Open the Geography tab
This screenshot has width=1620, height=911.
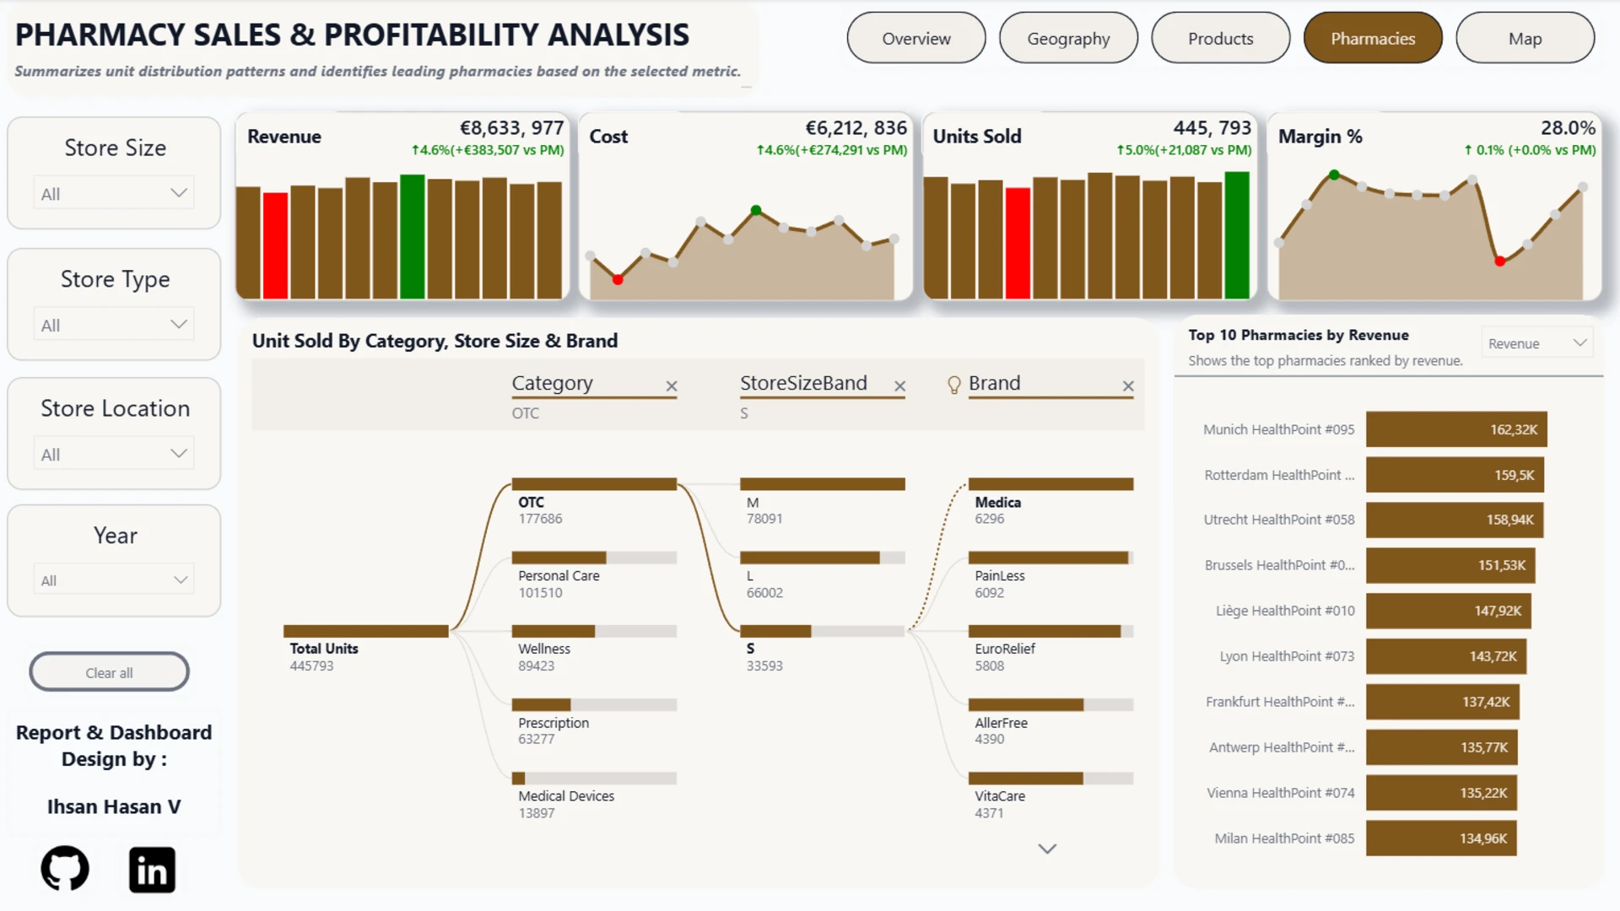(x=1068, y=38)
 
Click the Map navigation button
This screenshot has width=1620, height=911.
(x=1525, y=38)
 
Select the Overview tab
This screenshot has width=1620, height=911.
(x=916, y=38)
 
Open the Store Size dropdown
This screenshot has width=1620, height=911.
(x=114, y=193)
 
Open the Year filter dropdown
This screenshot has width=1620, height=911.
(x=114, y=579)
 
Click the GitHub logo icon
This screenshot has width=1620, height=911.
(x=65, y=869)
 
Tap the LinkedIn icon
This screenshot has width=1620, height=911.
(x=152, y=870)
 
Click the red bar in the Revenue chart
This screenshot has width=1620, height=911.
(x=275, y=245)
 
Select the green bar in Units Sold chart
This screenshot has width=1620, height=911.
(x=1237, y=235)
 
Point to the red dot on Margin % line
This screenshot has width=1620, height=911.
(x=1499, y=261)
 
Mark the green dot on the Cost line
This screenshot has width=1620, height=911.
(x=756, y=210)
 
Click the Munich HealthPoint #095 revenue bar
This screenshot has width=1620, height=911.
(x=1456, y=429)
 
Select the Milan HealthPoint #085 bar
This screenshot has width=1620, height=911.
(x=1441, y=838)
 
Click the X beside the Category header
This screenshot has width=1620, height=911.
(x=672, y=385)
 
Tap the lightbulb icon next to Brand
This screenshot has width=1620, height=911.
(x=954, y=385)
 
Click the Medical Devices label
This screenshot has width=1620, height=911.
(x=566, y=796)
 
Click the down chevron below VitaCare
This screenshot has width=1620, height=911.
(x=1047, y=849)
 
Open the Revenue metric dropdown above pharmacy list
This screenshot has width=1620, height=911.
(x=1537, y=343)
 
